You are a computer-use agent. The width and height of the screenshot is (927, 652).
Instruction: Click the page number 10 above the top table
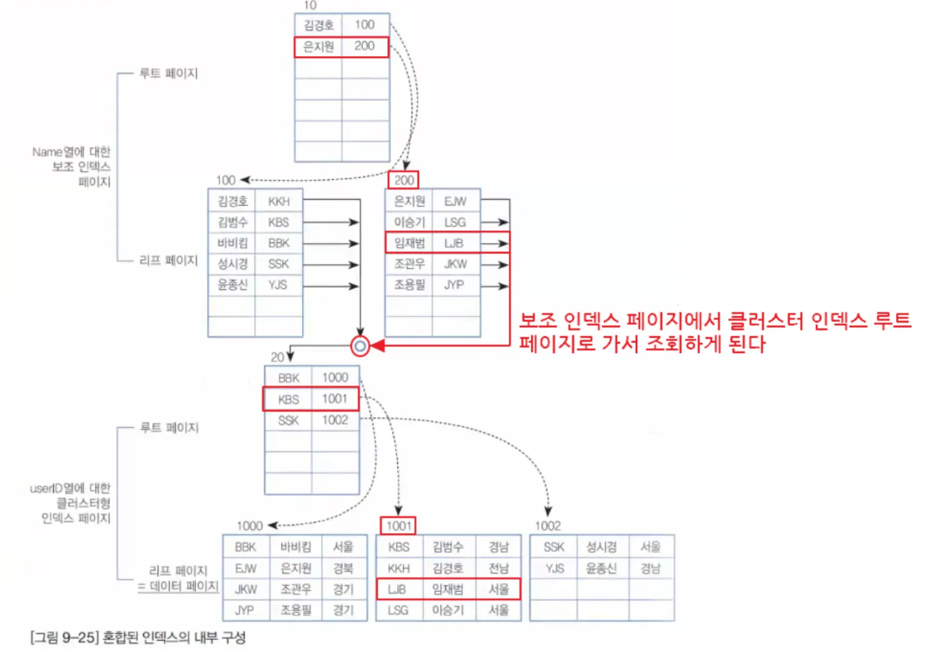tap(310, 5)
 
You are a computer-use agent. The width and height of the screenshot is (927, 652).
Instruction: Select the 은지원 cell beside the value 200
tap(318, 47)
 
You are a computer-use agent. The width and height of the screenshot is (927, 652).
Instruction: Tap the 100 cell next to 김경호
tap(365, 25)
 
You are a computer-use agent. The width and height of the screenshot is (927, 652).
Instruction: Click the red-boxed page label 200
tap(404, 180)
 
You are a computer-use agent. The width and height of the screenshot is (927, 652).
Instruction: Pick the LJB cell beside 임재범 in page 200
tap(454, 243)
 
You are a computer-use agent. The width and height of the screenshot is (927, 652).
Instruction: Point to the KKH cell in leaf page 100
tap(278, 201)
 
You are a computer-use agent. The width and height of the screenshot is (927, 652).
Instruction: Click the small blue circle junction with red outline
tap(360, 346)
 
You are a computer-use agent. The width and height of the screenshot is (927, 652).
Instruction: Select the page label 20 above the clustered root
tap(277, 357)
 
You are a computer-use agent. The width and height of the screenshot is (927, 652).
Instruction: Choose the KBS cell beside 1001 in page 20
tap(289, 400)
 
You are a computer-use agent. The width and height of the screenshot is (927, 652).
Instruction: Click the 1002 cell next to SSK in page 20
tap(335, 420)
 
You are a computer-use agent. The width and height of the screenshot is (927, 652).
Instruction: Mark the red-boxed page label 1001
tap(399, 526)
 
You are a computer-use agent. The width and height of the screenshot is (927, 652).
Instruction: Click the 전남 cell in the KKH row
tap(499, 568)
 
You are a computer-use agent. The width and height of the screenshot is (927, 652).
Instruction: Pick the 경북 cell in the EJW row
tap(343, 568)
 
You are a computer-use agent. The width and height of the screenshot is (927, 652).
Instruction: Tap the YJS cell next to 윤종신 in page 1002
tap(555, 568)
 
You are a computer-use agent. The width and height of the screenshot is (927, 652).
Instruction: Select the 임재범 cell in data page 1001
tap(448, 589)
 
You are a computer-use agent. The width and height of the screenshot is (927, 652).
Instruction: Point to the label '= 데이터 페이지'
tap(178, 587)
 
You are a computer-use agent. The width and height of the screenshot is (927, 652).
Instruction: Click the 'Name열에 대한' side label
tap(71, 152)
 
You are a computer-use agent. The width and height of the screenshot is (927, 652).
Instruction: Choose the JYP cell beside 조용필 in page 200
tap(454, 285)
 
